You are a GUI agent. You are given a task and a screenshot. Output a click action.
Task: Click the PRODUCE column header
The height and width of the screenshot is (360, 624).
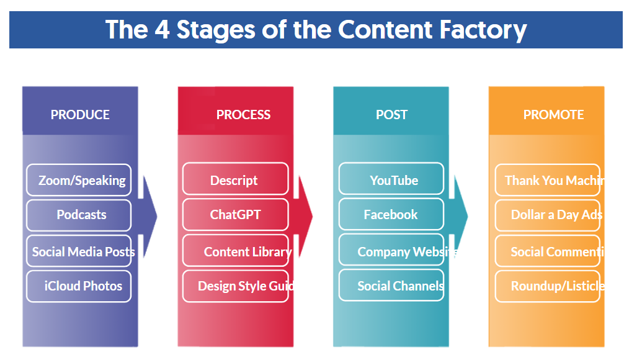(x=80, y=115)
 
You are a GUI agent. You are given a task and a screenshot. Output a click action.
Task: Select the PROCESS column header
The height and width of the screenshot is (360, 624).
(x=243, y=115)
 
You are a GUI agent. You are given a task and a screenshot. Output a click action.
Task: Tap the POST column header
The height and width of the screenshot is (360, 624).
(x=391, y=115)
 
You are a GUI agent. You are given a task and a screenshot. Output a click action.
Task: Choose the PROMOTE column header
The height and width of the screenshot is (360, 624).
(x=553, y=115)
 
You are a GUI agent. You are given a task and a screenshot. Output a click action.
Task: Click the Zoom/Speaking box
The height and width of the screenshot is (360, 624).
(x=79, y=180)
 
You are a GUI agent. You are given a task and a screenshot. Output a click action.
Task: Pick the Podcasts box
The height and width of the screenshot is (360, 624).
(x=79, y=215)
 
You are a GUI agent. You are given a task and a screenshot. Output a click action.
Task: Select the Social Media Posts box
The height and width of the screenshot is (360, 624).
(x=79, y=251)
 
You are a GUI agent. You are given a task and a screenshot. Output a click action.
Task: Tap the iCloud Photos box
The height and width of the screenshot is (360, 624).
(x=79, y=286)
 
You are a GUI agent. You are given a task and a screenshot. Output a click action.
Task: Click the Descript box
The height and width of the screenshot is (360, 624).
(x=235, y=180)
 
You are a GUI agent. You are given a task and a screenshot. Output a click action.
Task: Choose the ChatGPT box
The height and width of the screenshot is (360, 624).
(x=235, y=215)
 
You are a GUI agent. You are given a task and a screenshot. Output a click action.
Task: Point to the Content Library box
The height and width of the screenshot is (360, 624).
(x=236, y=251)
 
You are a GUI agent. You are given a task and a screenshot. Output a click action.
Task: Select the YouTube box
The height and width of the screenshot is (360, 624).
(x=391, y=180)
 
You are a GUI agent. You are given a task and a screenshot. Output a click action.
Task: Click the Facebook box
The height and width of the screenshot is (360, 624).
(x=391, y=215)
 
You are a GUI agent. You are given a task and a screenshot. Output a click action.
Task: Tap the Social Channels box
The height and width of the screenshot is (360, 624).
(x=391, y=286)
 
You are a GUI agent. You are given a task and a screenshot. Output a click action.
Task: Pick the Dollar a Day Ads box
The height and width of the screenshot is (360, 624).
(x=548, y=215)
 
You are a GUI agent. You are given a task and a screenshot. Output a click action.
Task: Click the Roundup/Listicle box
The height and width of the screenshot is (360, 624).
(x=548, y=286)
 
